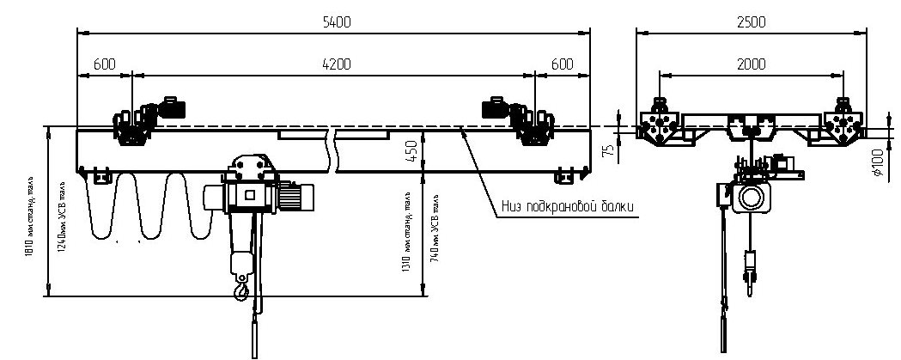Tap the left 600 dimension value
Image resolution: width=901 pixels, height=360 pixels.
[105, 64]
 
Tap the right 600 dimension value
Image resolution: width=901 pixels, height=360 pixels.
[562, 64]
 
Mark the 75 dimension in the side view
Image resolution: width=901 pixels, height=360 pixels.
[607, 151]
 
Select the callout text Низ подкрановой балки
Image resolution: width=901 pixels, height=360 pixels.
[568, 206]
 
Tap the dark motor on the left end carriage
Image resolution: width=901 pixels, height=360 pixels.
[173, 107]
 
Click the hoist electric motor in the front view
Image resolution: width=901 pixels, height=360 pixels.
[294, 198]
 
